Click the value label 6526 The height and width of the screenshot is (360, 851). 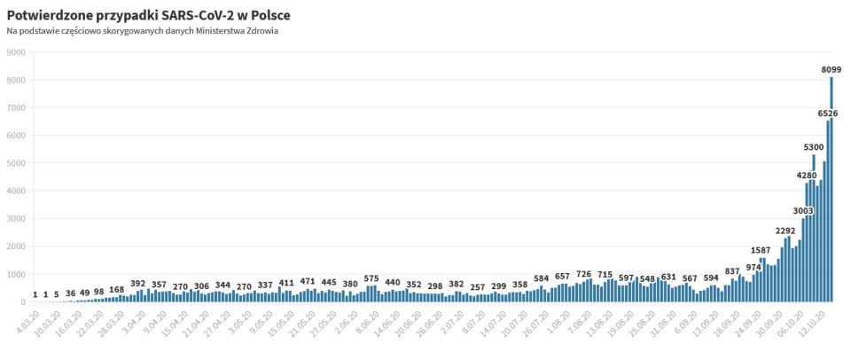coord(827,113)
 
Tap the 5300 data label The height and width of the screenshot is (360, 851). coord(814,147)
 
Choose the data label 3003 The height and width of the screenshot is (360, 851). coord(803,210)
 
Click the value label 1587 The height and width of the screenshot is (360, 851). coord(761,251)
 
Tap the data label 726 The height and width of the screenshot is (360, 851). coord(584,274)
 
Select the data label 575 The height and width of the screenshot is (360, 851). coord(371,278)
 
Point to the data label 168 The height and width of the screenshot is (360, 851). coord(117,290)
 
